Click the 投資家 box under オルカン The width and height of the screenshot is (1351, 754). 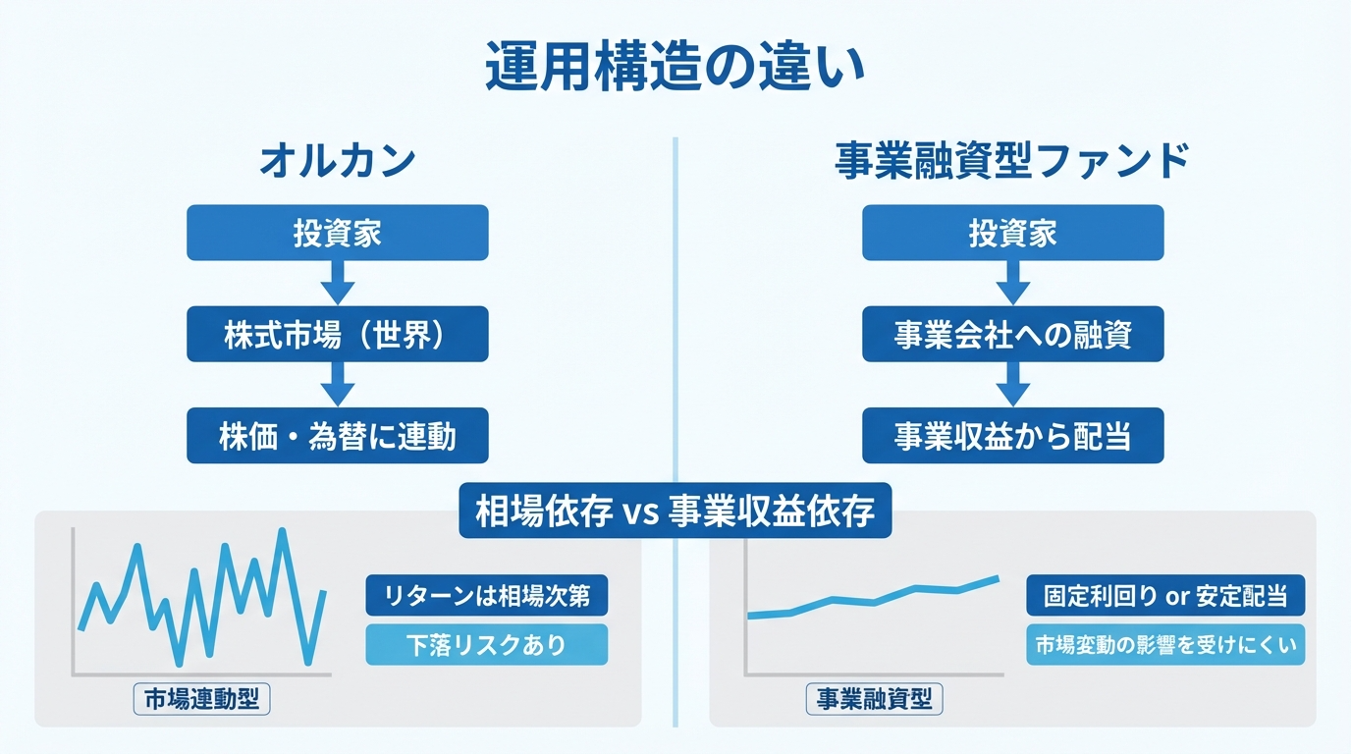point(337,233)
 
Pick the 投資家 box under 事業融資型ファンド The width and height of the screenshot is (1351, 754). point(1012,233)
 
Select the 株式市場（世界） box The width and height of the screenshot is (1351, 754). point(337,335)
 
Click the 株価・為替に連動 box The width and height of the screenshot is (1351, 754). point(337,436)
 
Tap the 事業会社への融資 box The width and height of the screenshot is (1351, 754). point(1012,335)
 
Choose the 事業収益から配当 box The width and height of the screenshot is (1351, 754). point(1012,436)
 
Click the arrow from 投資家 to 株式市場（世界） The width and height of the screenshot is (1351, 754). point(337,284)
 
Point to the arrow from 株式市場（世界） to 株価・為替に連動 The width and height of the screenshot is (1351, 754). point(337,385)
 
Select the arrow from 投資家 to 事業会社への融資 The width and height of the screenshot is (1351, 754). point(1012,284)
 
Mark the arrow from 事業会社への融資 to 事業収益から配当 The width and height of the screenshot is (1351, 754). point(1012,385)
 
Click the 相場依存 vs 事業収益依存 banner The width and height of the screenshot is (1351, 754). point(675,511)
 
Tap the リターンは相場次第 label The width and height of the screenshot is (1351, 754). point(486,595)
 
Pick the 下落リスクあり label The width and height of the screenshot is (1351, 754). point(486,645)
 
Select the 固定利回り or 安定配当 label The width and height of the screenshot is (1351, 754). point(1164,595)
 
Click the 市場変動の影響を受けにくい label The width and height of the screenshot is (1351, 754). point(1164,645)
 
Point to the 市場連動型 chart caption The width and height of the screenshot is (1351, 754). point(200,700)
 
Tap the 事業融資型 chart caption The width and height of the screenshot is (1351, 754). point(874,700)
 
